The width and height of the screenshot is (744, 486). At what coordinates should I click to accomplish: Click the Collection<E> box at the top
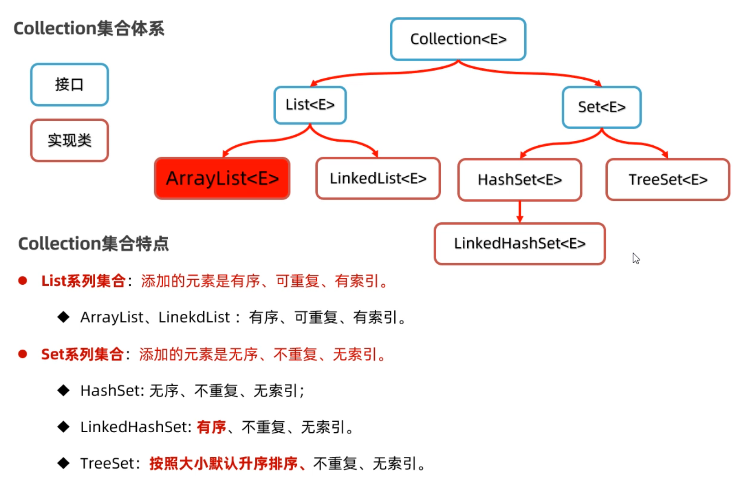[458, 39]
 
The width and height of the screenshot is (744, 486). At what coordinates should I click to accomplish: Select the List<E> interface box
[310, 105]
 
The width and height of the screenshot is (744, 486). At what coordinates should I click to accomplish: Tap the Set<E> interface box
[601, 107]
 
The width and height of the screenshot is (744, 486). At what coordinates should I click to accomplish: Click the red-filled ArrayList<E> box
[222, 179]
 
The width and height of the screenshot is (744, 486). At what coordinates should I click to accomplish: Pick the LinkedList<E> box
[378, 179]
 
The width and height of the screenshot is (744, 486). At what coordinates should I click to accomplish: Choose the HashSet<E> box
[520, 180]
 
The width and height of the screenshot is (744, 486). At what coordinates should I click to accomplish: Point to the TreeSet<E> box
[668, 180]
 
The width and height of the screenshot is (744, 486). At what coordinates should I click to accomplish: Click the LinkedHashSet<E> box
[520, 244]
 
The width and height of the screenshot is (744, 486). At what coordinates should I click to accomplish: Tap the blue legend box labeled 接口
[69, 85]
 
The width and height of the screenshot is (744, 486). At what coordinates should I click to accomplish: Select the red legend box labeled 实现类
[69, 140]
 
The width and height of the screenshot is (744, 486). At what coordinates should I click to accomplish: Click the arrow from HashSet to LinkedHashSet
[520, 212]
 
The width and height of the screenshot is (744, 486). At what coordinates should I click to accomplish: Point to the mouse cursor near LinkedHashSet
[636, 258]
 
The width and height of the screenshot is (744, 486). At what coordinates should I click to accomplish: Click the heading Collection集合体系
[89, 29]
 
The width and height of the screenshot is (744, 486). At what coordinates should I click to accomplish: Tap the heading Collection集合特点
[93, 244]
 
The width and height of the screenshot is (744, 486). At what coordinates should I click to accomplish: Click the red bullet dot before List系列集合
[23, 281]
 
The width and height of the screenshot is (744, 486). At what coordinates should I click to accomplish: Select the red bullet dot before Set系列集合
[23, 354]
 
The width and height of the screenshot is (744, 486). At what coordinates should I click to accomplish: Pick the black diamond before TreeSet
[63, 463]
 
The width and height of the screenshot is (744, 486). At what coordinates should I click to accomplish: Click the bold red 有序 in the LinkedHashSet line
[211, 427]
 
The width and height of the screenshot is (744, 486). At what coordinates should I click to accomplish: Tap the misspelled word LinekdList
[194, 317]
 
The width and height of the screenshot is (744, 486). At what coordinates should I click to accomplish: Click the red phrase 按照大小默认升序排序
[223, 463]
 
